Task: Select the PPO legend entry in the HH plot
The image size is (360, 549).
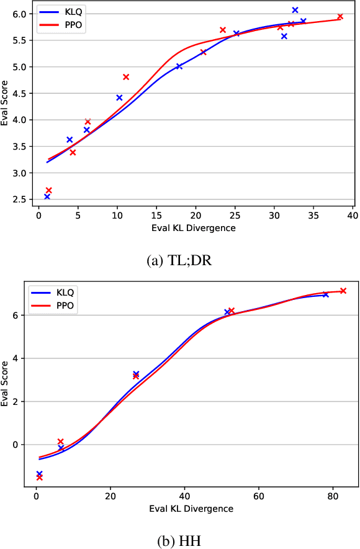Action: click(55, 306)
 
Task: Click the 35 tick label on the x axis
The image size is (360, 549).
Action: click(314, 216)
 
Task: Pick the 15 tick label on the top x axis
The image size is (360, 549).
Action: click(156, 216)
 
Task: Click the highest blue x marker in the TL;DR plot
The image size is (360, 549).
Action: click(295, 10)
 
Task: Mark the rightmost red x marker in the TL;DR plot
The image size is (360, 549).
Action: click(340, 17)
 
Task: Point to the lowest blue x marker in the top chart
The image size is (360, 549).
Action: click(47, 196)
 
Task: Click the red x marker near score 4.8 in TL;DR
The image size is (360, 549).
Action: click(126, 77)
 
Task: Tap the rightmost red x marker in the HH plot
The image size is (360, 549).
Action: click(343, 291)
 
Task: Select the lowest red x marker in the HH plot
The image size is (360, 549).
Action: click(40, 477)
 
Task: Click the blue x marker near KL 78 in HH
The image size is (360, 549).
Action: click(325, 294)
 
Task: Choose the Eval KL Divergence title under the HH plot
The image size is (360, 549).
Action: click(191, 509)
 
